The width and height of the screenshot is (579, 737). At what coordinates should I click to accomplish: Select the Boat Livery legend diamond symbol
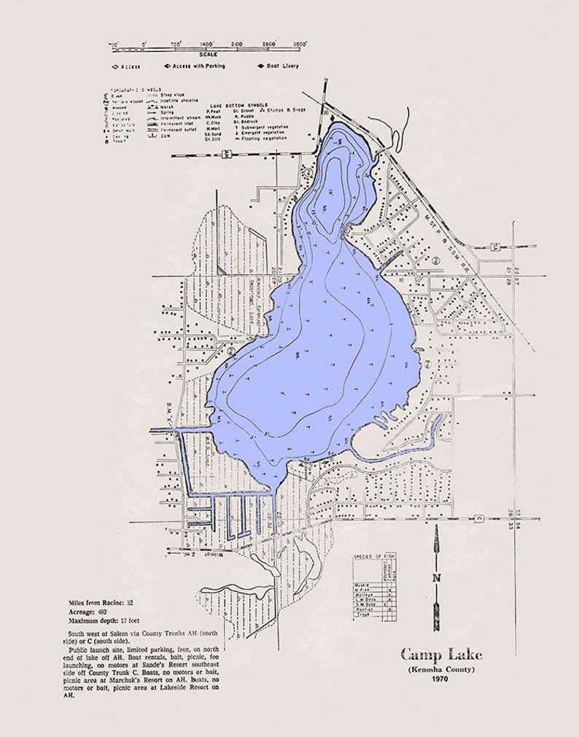tap(260, 66)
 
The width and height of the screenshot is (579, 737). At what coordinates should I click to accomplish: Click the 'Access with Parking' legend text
tap(200, 66)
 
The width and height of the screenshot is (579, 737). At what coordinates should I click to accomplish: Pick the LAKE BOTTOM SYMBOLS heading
tap(228, 104)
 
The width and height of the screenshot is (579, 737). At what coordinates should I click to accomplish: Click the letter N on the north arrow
tap(437, 578)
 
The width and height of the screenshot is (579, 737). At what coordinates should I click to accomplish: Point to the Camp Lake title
tap(441, 654)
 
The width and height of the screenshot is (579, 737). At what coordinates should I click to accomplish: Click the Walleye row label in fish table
tap(364, 595)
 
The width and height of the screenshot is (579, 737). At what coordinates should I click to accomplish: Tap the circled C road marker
tap(479, 518)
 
